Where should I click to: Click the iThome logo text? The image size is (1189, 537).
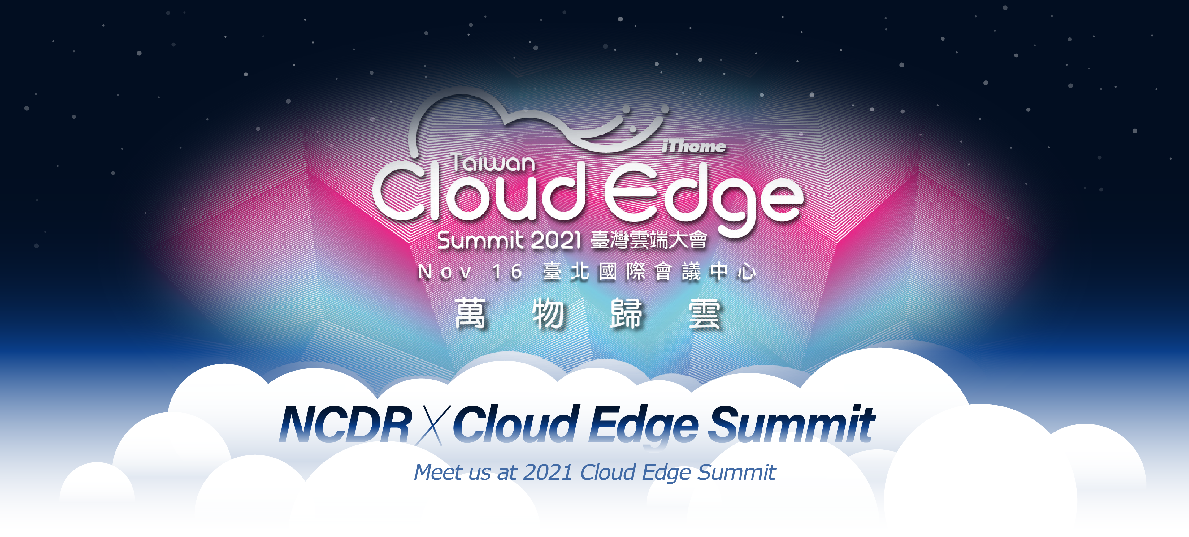click(x=694, y=146)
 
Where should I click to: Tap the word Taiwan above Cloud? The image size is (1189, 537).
click(x=493, y=163)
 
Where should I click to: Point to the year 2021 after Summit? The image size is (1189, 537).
click(x=555, y=240)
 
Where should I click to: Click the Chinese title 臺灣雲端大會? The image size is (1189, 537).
click(x=649, y=240)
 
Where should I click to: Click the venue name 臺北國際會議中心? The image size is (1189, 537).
click(x=649, y=271)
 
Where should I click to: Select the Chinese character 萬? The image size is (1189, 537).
click(x=470, y=313)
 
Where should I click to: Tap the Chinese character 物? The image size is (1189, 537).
click(x=548, y=313)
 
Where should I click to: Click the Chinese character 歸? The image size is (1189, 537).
click(x=626, y=313)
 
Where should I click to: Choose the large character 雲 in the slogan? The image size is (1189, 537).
click(x=704, y=313)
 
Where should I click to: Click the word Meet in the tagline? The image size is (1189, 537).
click(x=438, y=472)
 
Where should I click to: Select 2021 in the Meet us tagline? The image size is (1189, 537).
click(x=548, y=472)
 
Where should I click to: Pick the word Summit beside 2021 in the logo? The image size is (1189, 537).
click(x=480, y=240)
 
